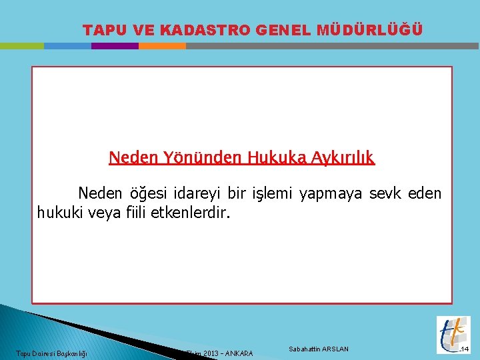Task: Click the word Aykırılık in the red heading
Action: [x=341, y=158]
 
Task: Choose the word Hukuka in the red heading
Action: [x=277, y=158]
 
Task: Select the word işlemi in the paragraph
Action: [x=273, y=194]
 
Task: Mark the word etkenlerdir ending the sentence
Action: [x=189, y=213]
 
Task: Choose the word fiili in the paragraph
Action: [x=135, y=213]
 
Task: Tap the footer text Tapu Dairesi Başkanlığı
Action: [x=52, y=353]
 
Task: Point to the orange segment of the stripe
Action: [x=162, y=46]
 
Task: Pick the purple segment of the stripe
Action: [x=115, y=46]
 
